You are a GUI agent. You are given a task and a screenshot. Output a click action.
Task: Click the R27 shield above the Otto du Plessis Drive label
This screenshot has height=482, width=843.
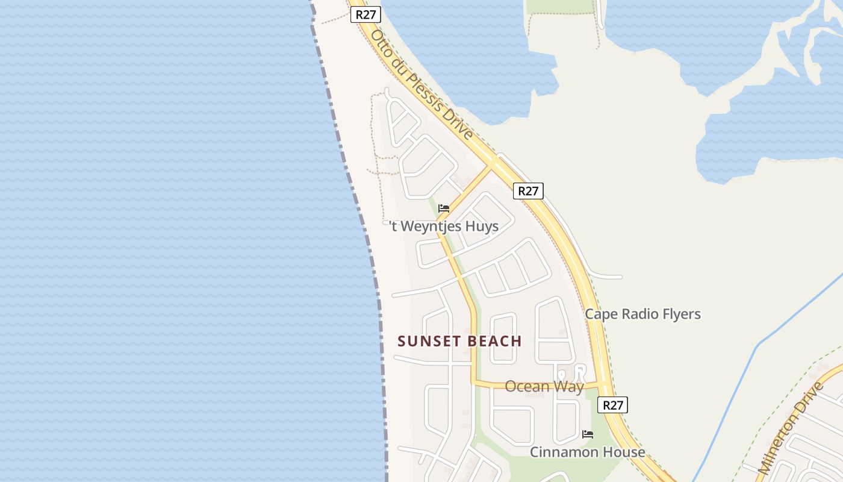[x=366, y=14]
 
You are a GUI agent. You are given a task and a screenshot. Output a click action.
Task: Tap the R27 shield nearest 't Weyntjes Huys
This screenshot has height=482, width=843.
[x=528, y=191]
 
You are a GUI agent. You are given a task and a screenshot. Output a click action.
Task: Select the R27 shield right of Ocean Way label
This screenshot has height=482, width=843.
[x=613, y=405]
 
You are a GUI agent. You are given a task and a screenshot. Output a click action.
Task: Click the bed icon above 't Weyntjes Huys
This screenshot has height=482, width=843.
[x=444, y=208]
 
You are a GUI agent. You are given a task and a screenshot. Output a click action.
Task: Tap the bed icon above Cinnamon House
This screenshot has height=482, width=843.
[x=588, y=434]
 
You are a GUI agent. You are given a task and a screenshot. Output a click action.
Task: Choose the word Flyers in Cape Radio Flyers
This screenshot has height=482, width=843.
[x=682, y=315]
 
